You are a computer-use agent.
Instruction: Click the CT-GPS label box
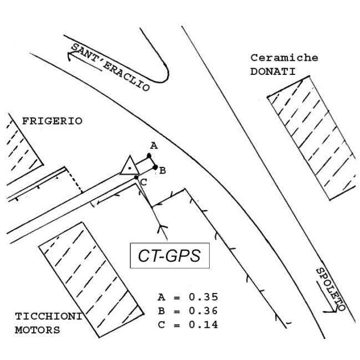(169, 256)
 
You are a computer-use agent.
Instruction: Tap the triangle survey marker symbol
(129, 166)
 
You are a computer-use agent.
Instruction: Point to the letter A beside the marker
(154, 146)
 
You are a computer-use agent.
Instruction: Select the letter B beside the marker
(162, 171)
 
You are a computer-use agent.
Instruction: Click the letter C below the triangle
(143, 182)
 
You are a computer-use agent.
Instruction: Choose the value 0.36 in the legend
(203, 310)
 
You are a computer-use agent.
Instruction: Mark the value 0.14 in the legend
(203, 324)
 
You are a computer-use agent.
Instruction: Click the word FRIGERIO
(52, 120)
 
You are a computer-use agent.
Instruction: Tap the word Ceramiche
(284, 58)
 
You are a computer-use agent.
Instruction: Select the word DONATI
(272, 71)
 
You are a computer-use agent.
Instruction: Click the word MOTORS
(38, 330)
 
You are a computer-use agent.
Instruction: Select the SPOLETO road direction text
(331, 288)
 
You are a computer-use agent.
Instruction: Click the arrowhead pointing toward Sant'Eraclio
(70, 54)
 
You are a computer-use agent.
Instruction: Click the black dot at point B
(155, 168)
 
